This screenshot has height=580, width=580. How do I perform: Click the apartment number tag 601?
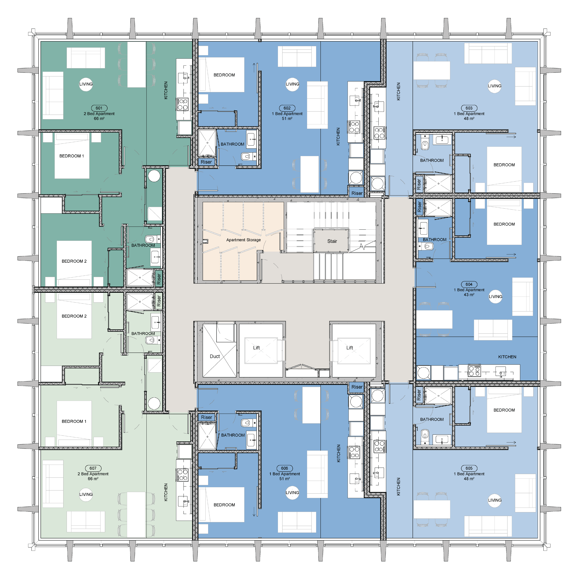(x=99, y=108)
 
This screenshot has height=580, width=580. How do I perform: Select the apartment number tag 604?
(x=469, y=284)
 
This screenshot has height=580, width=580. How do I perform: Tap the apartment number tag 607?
(x=93, y=468)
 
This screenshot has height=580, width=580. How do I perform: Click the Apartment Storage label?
(x=243, y=240)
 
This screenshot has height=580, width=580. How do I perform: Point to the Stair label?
(x=332, y=241)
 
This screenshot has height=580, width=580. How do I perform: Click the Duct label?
(x=215, y=356)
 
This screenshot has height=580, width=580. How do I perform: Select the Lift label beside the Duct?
(x=256, y=348)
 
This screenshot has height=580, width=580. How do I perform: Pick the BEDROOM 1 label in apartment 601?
(x=72, y=156)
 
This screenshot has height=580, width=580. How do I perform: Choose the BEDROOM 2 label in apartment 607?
(x=74, y=316)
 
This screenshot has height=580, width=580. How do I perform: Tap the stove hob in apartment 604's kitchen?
(x=474, y=371)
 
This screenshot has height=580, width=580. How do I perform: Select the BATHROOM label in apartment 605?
(x=432, y=419)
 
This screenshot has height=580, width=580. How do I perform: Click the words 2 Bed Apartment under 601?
(x=99, y=114)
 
